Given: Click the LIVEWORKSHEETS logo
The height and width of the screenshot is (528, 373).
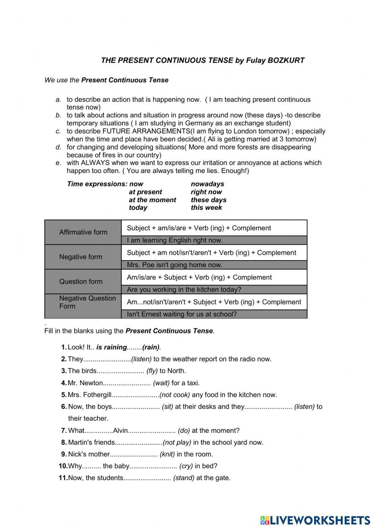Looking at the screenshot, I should coord(315,520).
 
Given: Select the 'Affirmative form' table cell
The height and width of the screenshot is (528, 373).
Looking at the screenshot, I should coord(83,232).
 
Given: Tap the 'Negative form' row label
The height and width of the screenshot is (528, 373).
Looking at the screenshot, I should coord(81,257).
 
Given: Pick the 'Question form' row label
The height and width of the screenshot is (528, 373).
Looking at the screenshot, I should coord(81,282).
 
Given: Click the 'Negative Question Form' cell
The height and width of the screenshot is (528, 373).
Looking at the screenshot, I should coord(87,302).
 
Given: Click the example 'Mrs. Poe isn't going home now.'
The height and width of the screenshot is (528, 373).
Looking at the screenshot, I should coord(175,265).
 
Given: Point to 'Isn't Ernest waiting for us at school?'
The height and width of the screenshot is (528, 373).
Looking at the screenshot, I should coord(182,314).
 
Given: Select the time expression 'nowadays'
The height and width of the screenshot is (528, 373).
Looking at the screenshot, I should coord(207,184).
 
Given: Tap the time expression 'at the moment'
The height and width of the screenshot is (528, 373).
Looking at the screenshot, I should coord(152,200).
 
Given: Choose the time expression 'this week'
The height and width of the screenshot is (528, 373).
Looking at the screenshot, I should coord(206,208).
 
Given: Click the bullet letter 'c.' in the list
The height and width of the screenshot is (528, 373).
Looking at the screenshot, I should coord(58,131).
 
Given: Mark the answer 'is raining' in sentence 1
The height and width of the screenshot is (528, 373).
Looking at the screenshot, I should coord(112,347).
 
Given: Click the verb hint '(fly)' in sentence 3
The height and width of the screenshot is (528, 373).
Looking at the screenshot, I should coord(152,371).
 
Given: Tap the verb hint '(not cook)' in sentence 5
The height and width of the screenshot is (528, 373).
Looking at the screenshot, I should coord(175,395).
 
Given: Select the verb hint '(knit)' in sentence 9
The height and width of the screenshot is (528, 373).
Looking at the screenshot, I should coord(167,454).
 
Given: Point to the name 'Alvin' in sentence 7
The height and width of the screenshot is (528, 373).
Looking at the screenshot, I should coord(120,430).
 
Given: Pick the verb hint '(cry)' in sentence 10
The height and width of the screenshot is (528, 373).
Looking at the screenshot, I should coord(186,466).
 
